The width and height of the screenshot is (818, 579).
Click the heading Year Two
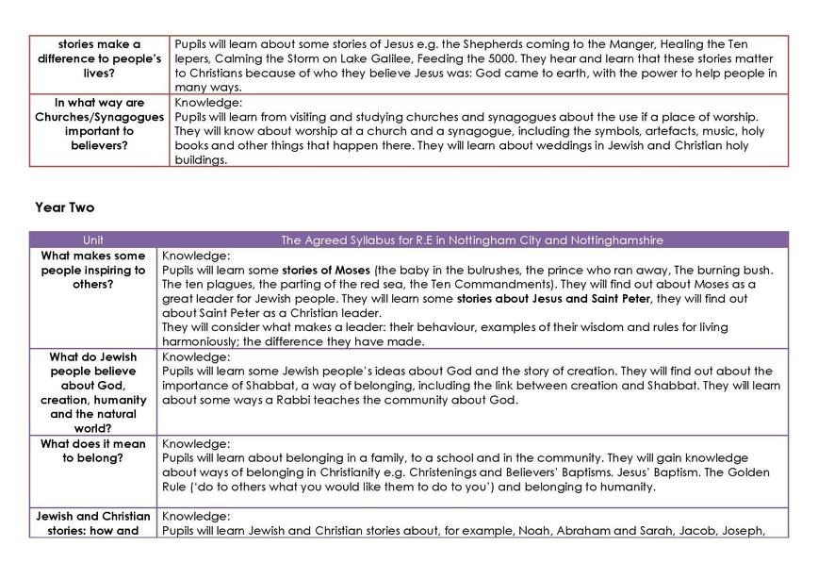click(x=64, y=207)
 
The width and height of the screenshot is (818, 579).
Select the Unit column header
click(x=93, y=240)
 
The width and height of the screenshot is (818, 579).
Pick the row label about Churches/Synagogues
click(x=100, y=124)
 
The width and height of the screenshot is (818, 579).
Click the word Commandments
click(x=507, y=284)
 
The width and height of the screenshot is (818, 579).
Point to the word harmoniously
click(x=199, y=341)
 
